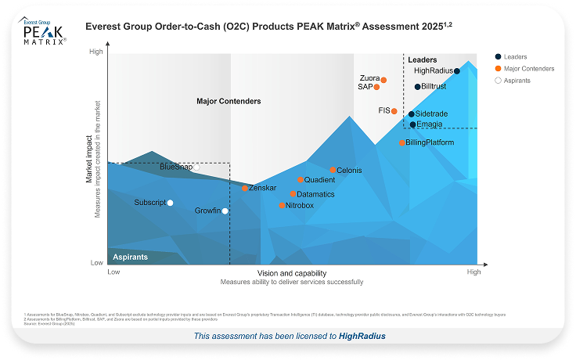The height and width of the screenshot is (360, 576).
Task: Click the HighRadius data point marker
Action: tap(457, 71)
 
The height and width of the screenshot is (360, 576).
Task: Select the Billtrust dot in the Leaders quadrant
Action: tap(417, 87)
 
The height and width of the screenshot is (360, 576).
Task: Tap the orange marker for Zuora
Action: tap(384, 78)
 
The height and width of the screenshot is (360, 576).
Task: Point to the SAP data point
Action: tap(376, 87)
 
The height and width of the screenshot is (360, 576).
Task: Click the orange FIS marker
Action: tap(394, 111)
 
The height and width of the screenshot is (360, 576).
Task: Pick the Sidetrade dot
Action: tap(412, 114)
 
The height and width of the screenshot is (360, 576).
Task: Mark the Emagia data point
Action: tap(412, 124)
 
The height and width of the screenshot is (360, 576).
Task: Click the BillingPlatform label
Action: tap(430, 143)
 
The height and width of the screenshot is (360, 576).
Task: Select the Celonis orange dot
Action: tap(333, 171)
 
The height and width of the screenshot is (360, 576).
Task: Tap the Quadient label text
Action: tap(319, 180)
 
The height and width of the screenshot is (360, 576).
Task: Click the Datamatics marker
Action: tap(293, 194)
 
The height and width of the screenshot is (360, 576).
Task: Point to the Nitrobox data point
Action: tap(283, 206)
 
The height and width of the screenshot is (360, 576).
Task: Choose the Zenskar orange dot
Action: tap(245, 188)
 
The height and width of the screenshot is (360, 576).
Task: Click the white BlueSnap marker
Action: tap(196, 167)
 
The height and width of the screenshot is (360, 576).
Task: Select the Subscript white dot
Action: tap(171, 203)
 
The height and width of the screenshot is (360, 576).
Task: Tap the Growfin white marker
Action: tap(225, 211)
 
